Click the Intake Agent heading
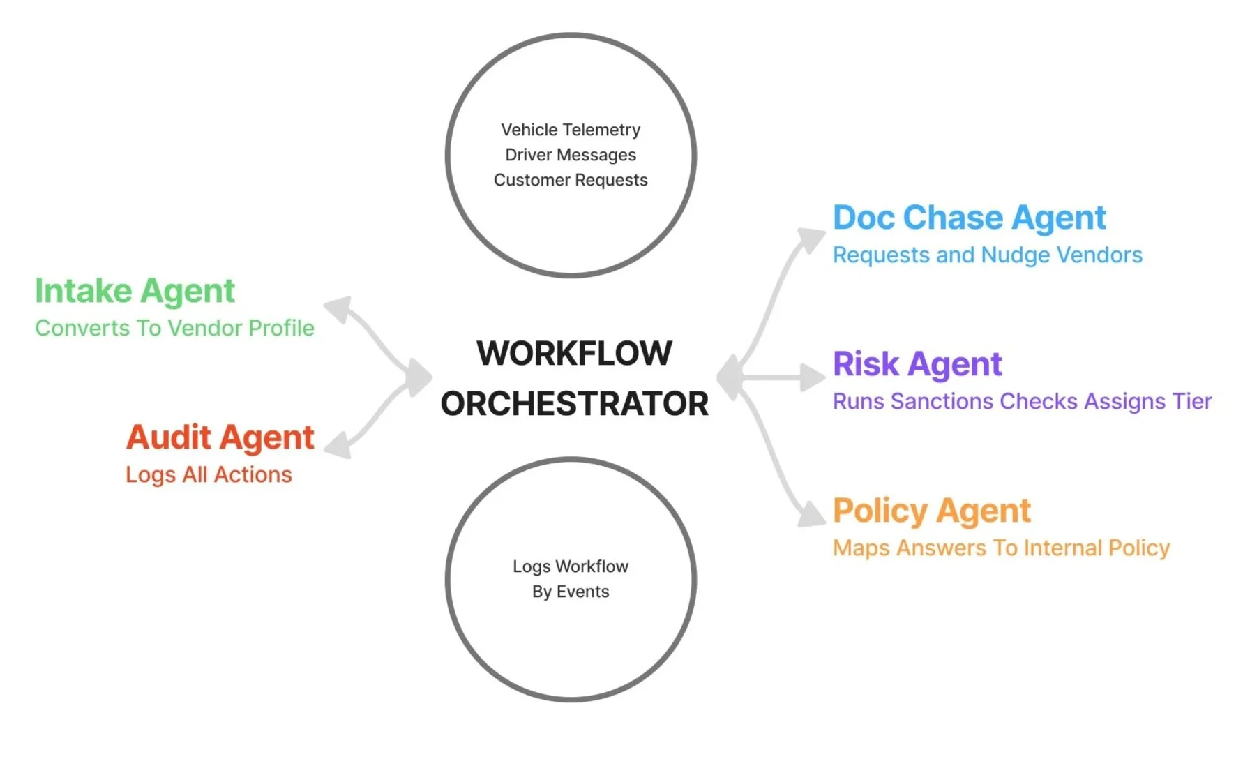pyautogui.click(x=135, y=291)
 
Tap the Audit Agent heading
pyautogui.click(x=220, y=437)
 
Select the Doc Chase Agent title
pyautogui.click(x=969, y=218)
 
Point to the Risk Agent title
pyautogui.click(x=917, y=364)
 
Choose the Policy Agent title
pyautogui.click(x=931, y=511)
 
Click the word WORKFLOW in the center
pyautogui.click(x=574, y=353)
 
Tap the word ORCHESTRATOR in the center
pyautogui.click(x=574, y=404)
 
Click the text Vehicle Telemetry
pyautogui.click(x=571, y=130)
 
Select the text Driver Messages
pyautogui.click(x=571, y=155)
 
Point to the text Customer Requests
pyautogui.click(x=571, y=180)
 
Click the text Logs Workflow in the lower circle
pyautogui.click(x=571, y=566)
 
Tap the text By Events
pyautogui.click(x=571, y=592)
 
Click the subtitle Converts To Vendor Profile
pyautogui.click(x=174, y=328)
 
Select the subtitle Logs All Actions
pyautogui.click(x=209, y=474)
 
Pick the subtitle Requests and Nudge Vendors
pyautogui.click(x=988, y=255)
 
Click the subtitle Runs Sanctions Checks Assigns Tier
pyautogui.click(x=1022, y=401)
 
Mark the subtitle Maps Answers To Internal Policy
pyautogui.click(x=1001, y=548)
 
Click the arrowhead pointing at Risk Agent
pyautogui.click(x=813, y=377)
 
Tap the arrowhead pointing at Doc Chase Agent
pyautogui.click(x=811, y=239)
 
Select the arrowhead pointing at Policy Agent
pyautogui.click(x=811, y=514)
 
